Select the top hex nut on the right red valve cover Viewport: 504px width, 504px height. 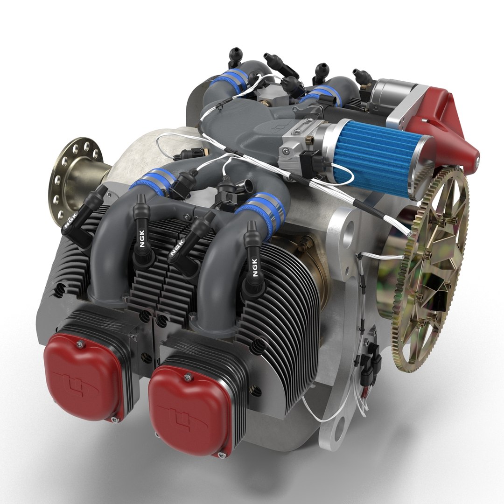click(188, 376)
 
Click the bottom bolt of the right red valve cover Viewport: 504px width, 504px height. click(224, 452)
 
